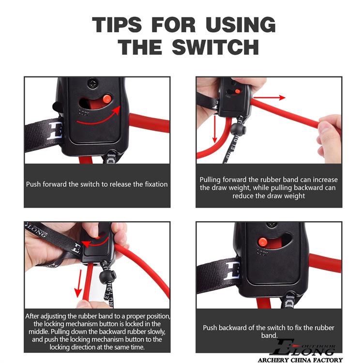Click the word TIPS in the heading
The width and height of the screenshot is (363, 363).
click(117, 25)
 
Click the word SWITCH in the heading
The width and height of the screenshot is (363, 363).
click(215, 47)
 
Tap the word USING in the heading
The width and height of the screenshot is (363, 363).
click(241, 25)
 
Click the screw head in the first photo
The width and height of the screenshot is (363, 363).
click(93, 83)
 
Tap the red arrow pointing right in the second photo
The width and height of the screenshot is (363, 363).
click(269, 98)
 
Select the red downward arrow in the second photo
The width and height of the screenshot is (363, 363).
click(215, 129)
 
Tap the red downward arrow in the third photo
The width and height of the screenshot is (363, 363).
click(79, 284)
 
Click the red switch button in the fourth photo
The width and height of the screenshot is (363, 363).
click(262, 242)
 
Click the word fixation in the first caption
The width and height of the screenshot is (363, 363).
click(156, 184)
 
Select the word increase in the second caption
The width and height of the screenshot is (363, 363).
click(325, 180)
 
